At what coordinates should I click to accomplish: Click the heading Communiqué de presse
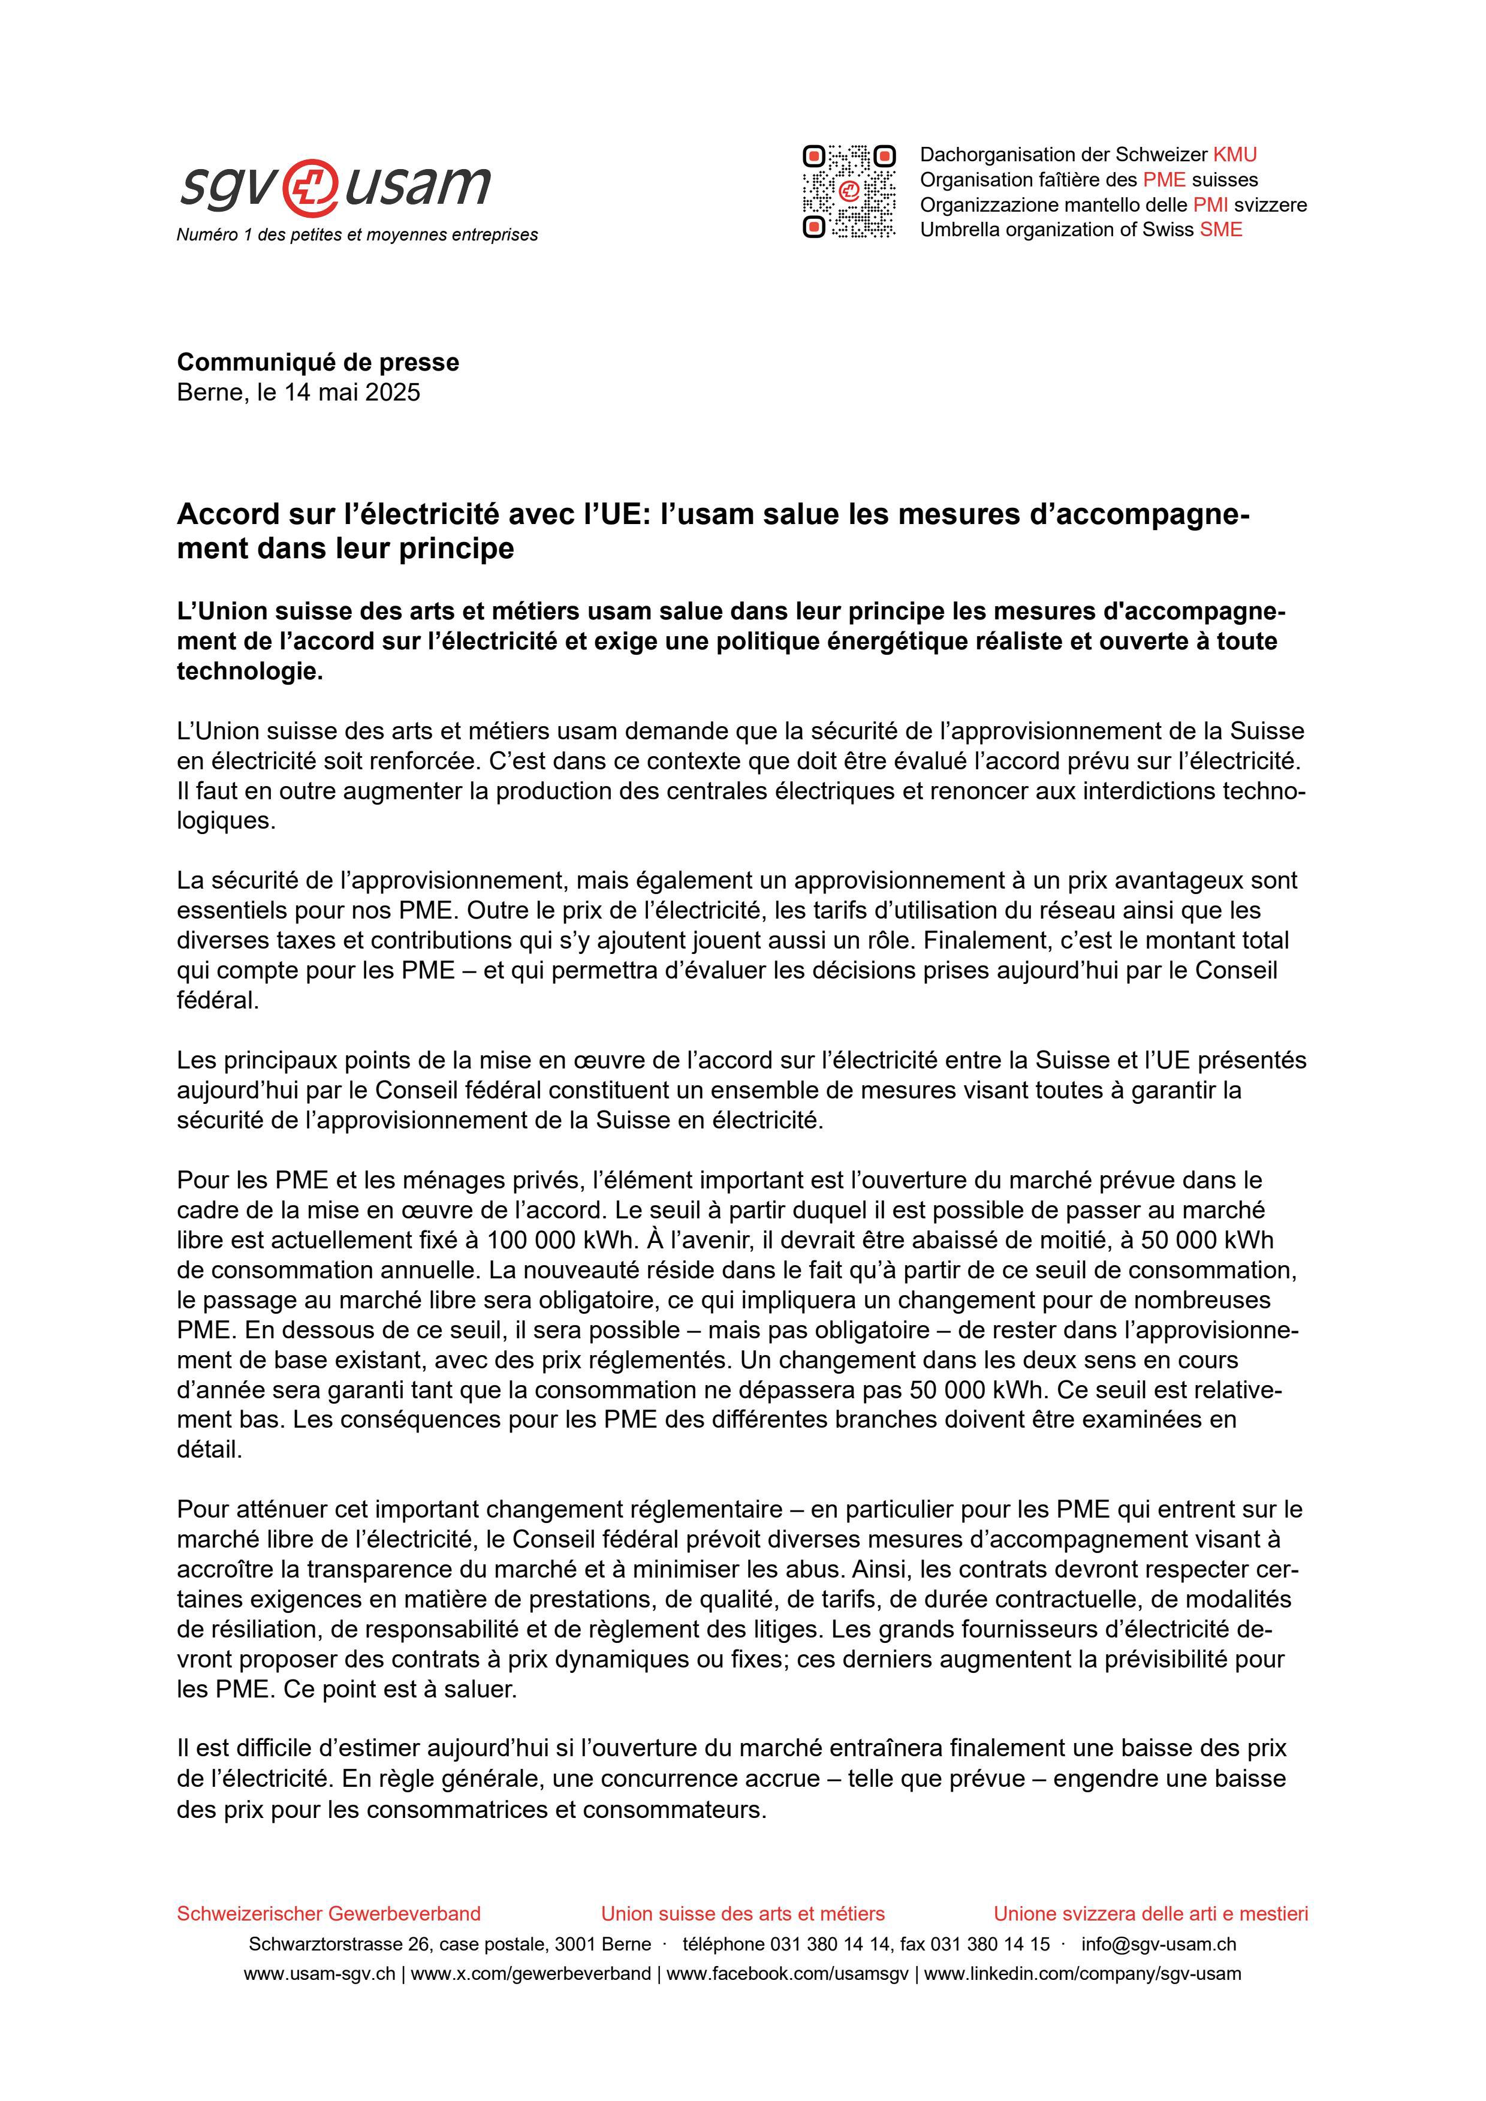pos(318,362)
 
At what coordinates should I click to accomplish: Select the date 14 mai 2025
pos(352,393)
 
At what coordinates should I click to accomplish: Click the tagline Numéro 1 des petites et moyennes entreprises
pos(357,235)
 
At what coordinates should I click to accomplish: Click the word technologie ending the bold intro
pos(248,672)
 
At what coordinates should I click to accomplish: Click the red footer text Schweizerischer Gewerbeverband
pos(328,1913)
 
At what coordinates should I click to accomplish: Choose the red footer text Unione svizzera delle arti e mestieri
pos(1150,1913)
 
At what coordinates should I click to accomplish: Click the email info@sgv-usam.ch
pos(1159,1944)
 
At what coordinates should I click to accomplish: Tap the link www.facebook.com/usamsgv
pos(787,1974)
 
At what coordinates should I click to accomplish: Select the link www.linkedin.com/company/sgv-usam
pos(1083,1974)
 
